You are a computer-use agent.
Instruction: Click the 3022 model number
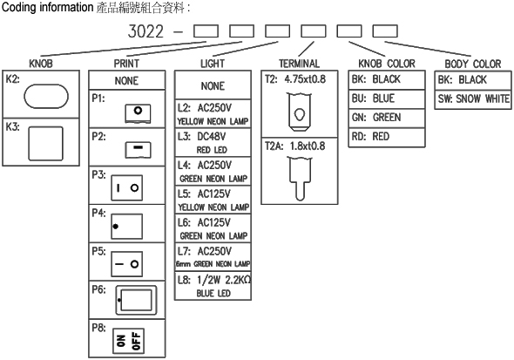[x=145, y=31]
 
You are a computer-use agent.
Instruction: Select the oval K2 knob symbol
[x=46, y=97]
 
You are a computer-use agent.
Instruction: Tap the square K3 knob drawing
[x=45, y=144]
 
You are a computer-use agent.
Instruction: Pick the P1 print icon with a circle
[x=138, y=113]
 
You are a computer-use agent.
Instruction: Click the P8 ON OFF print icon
[x=128, y=341]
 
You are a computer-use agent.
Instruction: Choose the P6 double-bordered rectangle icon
[x=136, y=300]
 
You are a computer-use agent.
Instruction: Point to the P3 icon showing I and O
[x=127, y=188]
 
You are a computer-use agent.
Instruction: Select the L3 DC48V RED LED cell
[x=213, y=143]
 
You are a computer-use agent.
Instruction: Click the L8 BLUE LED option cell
[x=213, y=286]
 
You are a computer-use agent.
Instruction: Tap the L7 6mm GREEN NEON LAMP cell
[x=213, y=257]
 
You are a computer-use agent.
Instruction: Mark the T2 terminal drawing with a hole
[x=300, y=112]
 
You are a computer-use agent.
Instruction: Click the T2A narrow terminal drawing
[x=300, y=179]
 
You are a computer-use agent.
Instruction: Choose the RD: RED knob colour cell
[x=387, y=137]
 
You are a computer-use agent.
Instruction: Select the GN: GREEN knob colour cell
[x=387, y=118]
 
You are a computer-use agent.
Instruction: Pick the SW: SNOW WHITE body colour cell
[x=473, y=99]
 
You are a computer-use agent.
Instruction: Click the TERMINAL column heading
[x=299, y=64]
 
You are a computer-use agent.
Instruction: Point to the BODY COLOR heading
[x=473, y=64]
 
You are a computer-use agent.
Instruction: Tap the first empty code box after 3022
[x=206, y=31]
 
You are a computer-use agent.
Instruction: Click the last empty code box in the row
[x=385, y=31]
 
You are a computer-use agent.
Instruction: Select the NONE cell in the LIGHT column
[x=213, y=85]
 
